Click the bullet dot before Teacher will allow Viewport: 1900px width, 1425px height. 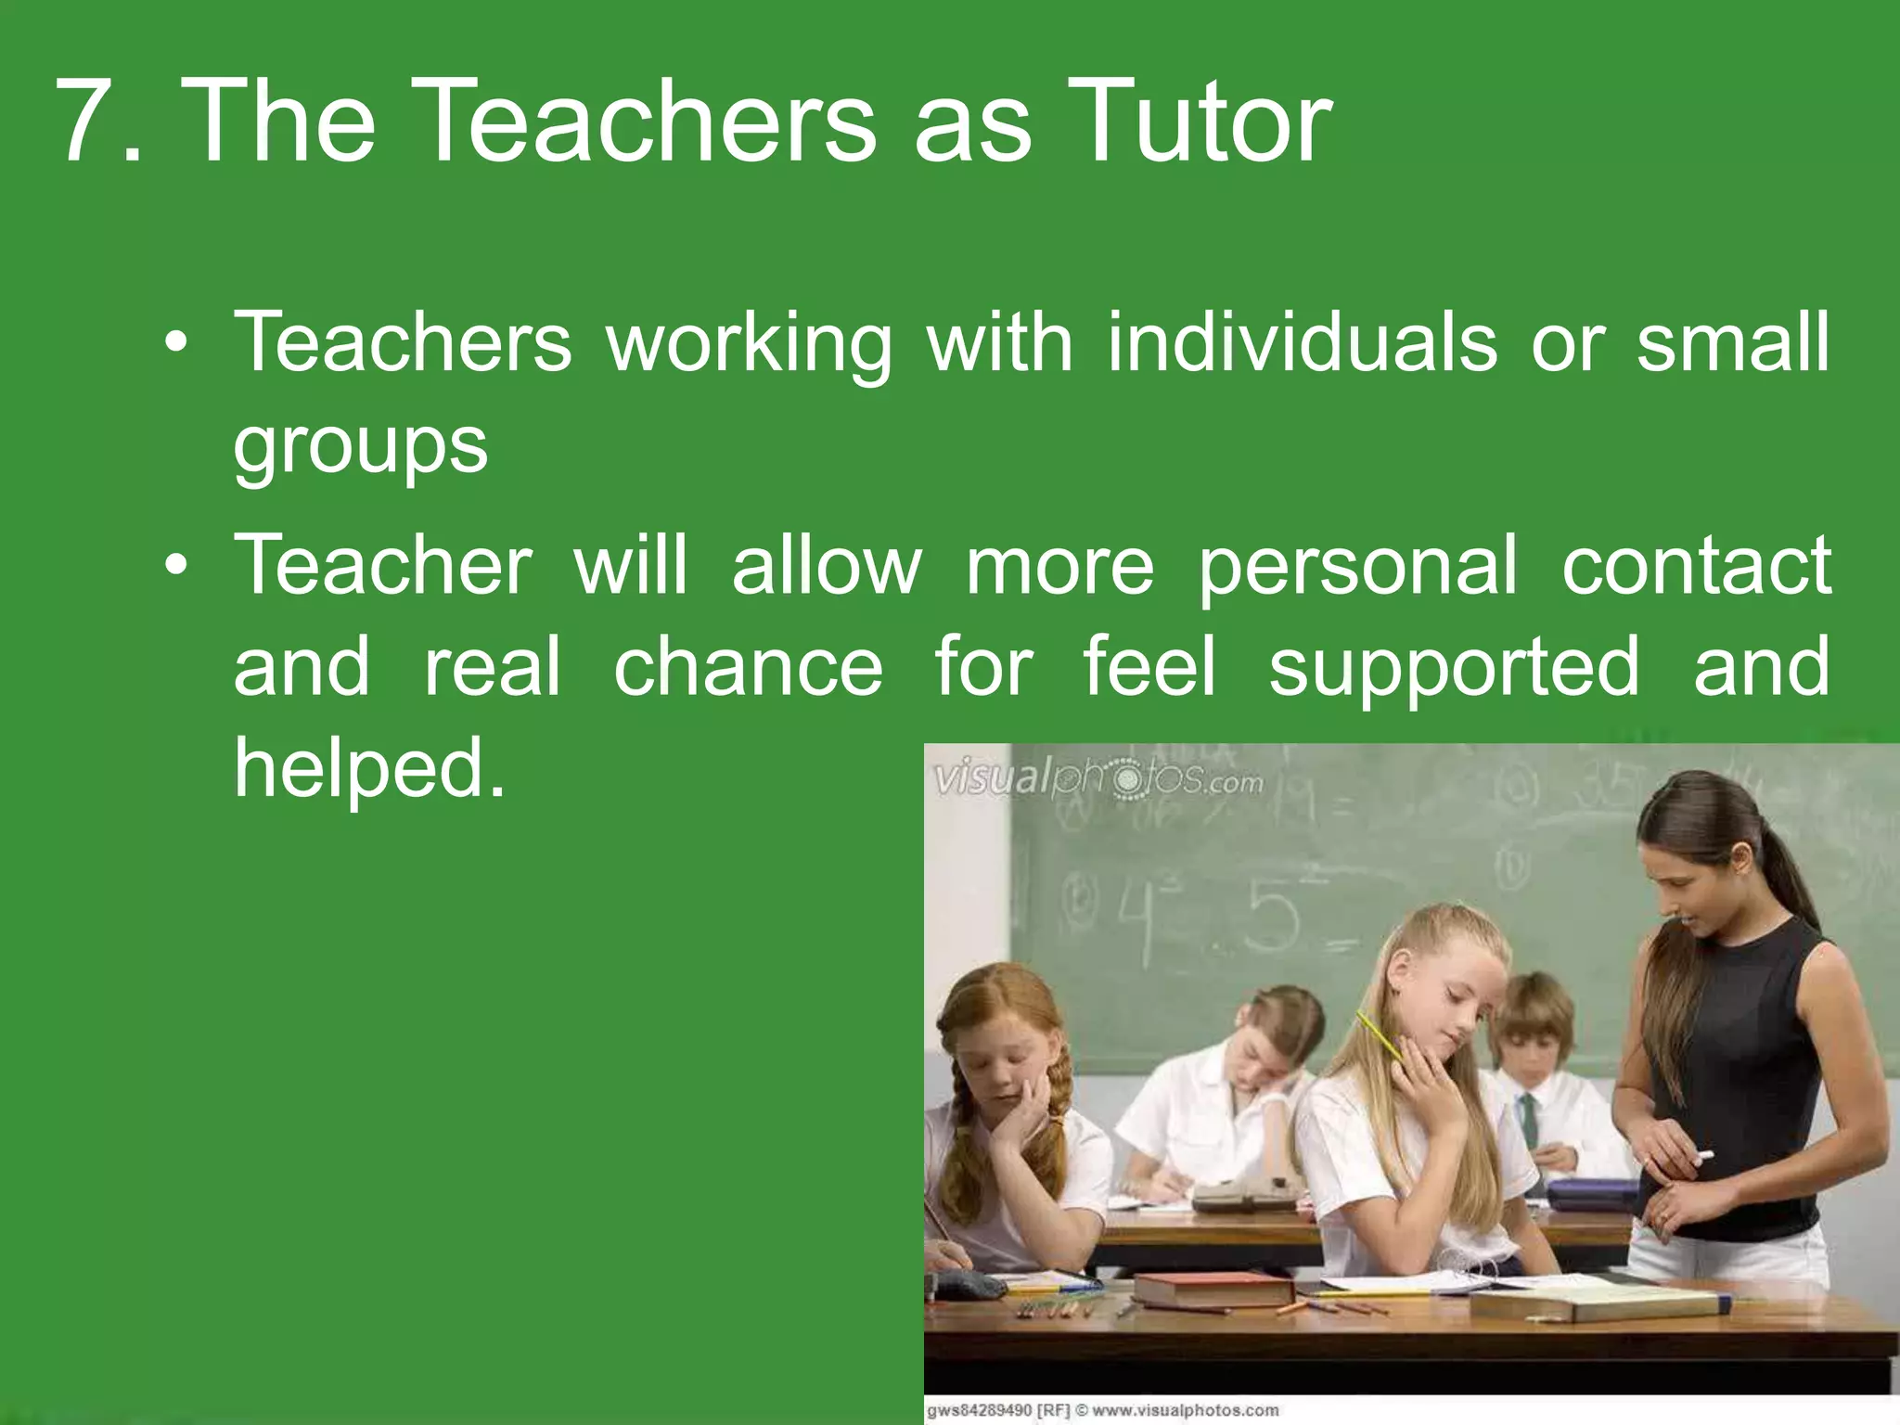click(x=175, y=565)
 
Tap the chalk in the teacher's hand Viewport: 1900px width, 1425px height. click(x=1703, y=1156)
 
